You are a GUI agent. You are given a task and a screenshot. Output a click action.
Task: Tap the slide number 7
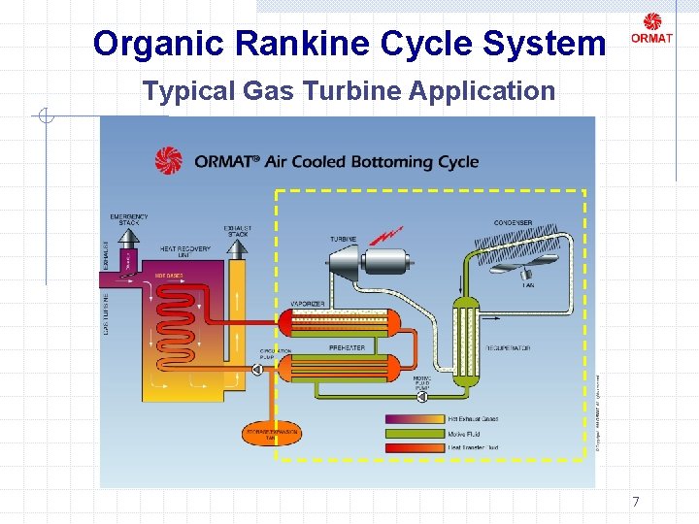coord(636,502)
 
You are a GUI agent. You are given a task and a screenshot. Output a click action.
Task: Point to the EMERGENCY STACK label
coord(129,218)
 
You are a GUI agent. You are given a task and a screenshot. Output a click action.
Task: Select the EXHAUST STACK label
coord(238,230)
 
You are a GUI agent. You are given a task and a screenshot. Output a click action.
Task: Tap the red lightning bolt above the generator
coord(388,234)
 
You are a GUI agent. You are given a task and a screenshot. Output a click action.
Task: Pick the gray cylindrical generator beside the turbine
coord(385,262)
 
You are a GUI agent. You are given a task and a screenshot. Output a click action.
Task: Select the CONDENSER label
coord(513,223)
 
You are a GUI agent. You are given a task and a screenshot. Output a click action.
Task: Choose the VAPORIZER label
coord(308,304)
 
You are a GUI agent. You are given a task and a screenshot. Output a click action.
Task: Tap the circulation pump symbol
coord(257,369)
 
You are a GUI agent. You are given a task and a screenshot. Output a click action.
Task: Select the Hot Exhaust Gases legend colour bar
coord(416,418)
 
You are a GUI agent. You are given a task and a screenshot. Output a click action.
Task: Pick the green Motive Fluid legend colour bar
coord(416,433)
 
